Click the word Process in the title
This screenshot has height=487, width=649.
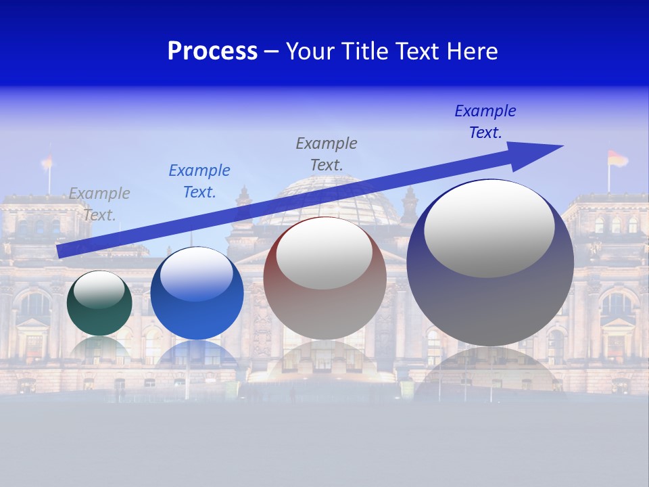(x=212, y=51)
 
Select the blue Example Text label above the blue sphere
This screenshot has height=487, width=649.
(x=199, y=181)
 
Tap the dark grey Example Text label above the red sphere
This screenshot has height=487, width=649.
(x=327, y=154)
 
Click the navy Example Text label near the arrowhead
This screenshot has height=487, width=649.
(x=485, y=122)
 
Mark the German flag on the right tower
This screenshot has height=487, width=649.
(x=617, y=159)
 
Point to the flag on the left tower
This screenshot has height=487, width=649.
(x=47, y=162)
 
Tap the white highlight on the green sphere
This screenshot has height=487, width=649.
(x=99, y=289)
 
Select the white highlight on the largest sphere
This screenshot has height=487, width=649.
(x=489, y=228)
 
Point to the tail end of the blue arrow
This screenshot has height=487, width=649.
(x=61, y=251)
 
